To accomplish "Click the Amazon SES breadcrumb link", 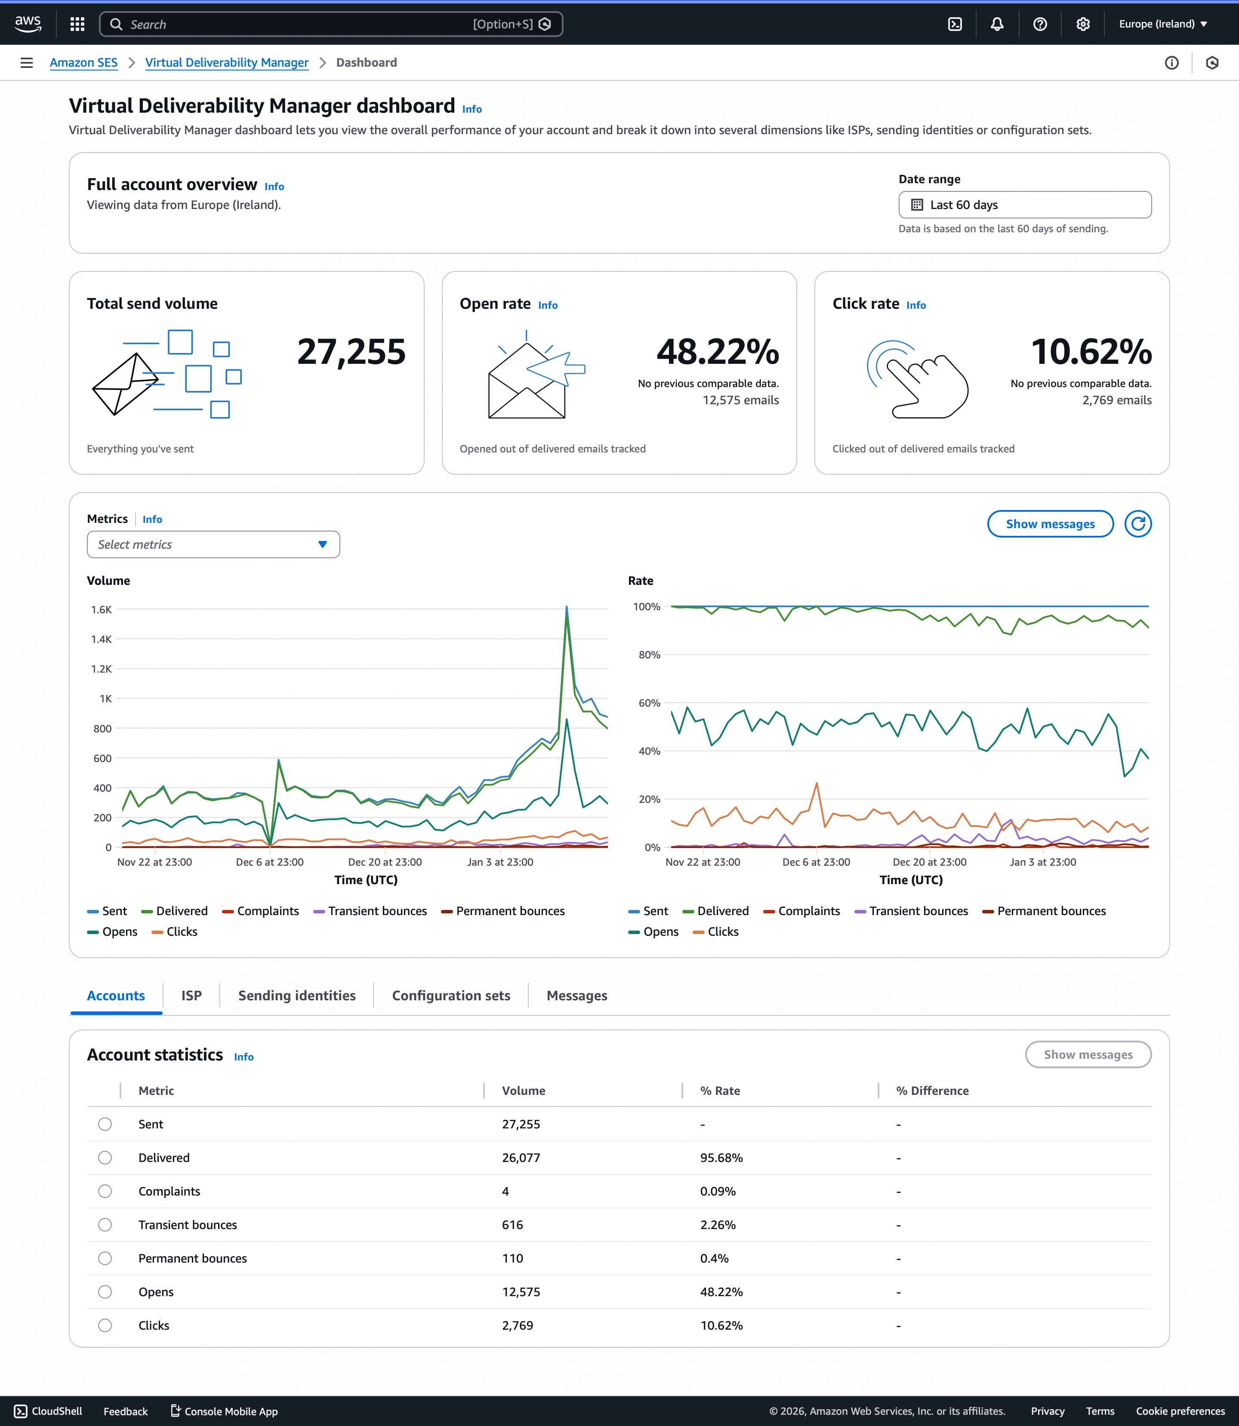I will click(83, 63).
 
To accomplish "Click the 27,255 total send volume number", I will click(351, 352).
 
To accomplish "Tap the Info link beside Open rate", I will click(548, 305).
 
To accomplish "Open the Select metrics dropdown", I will click(213, 545).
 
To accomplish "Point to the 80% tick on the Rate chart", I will click(649, 655).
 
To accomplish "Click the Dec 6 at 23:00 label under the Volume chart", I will click(270, 862).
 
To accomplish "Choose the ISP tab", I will click(191, 996).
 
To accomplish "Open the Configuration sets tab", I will click(451, 996).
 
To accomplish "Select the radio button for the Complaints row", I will click(105, 1191).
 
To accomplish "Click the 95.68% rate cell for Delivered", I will click(721, 1158).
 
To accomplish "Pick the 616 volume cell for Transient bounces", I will click(512, 1225).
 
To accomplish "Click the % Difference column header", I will click(932, 1091).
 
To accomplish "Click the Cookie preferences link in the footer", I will click(1180, 1411).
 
